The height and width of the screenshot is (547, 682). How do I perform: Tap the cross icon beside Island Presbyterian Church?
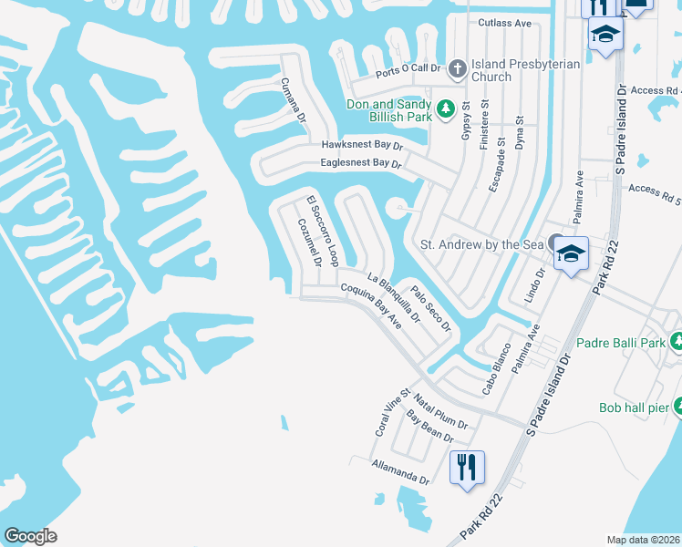point(458,67)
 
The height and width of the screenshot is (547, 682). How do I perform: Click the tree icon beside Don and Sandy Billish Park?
point(446,110)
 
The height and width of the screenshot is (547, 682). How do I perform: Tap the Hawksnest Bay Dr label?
point(361,145)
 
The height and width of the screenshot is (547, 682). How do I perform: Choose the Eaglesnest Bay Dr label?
point(360,163)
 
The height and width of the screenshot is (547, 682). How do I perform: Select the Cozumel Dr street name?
point(308,242)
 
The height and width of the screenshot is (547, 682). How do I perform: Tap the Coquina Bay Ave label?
point(371,305)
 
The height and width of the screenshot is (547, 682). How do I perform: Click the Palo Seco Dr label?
point(430,310)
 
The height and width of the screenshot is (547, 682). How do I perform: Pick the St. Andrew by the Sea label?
point(480,244)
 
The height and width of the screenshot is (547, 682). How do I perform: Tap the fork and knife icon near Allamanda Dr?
point(467,469)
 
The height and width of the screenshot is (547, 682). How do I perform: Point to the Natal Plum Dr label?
point(440,412)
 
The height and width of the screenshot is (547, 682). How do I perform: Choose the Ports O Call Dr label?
point(408,68)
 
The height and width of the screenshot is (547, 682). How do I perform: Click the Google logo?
point(31,536)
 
